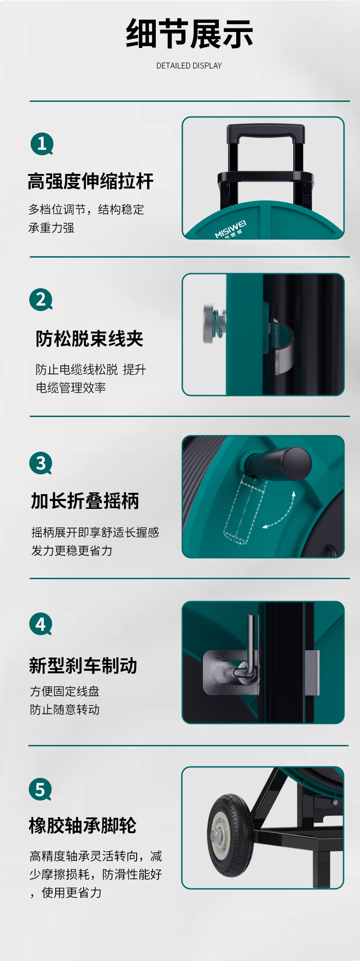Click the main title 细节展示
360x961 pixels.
[189, 34]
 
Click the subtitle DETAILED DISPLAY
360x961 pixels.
[189, 66]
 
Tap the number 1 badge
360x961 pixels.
[42, 144]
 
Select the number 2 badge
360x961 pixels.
[41, 300]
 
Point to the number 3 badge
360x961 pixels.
[41, 463]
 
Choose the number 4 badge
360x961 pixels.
[41, 624]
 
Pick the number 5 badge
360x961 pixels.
[40, 789]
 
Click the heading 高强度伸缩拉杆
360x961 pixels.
[90, 181]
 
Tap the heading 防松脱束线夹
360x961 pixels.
[90, 339]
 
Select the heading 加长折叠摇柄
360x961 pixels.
[85, 501]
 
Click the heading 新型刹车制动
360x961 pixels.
[83, 665]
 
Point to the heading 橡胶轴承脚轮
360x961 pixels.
[83, 826]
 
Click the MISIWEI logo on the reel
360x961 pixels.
[231, 229]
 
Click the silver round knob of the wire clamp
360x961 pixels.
[209, 323]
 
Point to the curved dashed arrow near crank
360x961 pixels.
[282, 514]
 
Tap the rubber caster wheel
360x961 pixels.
[230, 836]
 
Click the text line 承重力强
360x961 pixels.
[51, 228]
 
